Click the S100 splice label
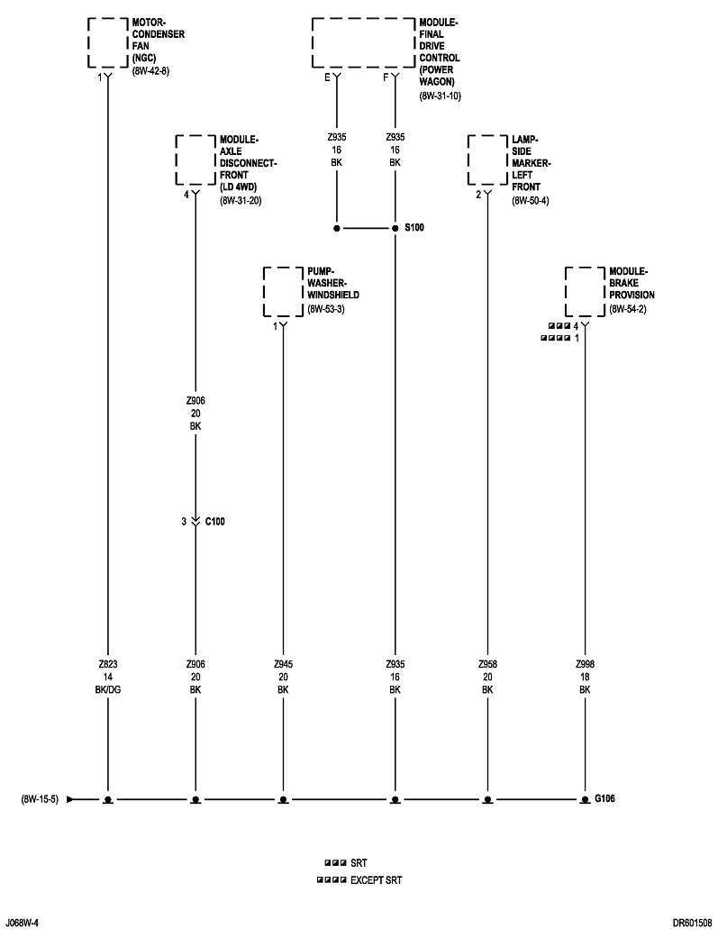[413, 228]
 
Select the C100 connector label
[215, 521]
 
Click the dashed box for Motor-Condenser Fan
[107, 41]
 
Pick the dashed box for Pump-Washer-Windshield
[283, 290]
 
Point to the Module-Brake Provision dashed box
[584, 290]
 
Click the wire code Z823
[107, 664]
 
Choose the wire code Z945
[283, 664]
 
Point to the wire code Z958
[487, 664]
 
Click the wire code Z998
[585, 664]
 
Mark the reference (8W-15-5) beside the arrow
[40, 799]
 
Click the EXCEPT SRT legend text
[376, 879]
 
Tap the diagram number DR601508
[691, 923]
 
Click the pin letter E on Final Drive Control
[328, 77]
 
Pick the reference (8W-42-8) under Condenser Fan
[150, 70]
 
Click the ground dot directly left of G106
[585, 799]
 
